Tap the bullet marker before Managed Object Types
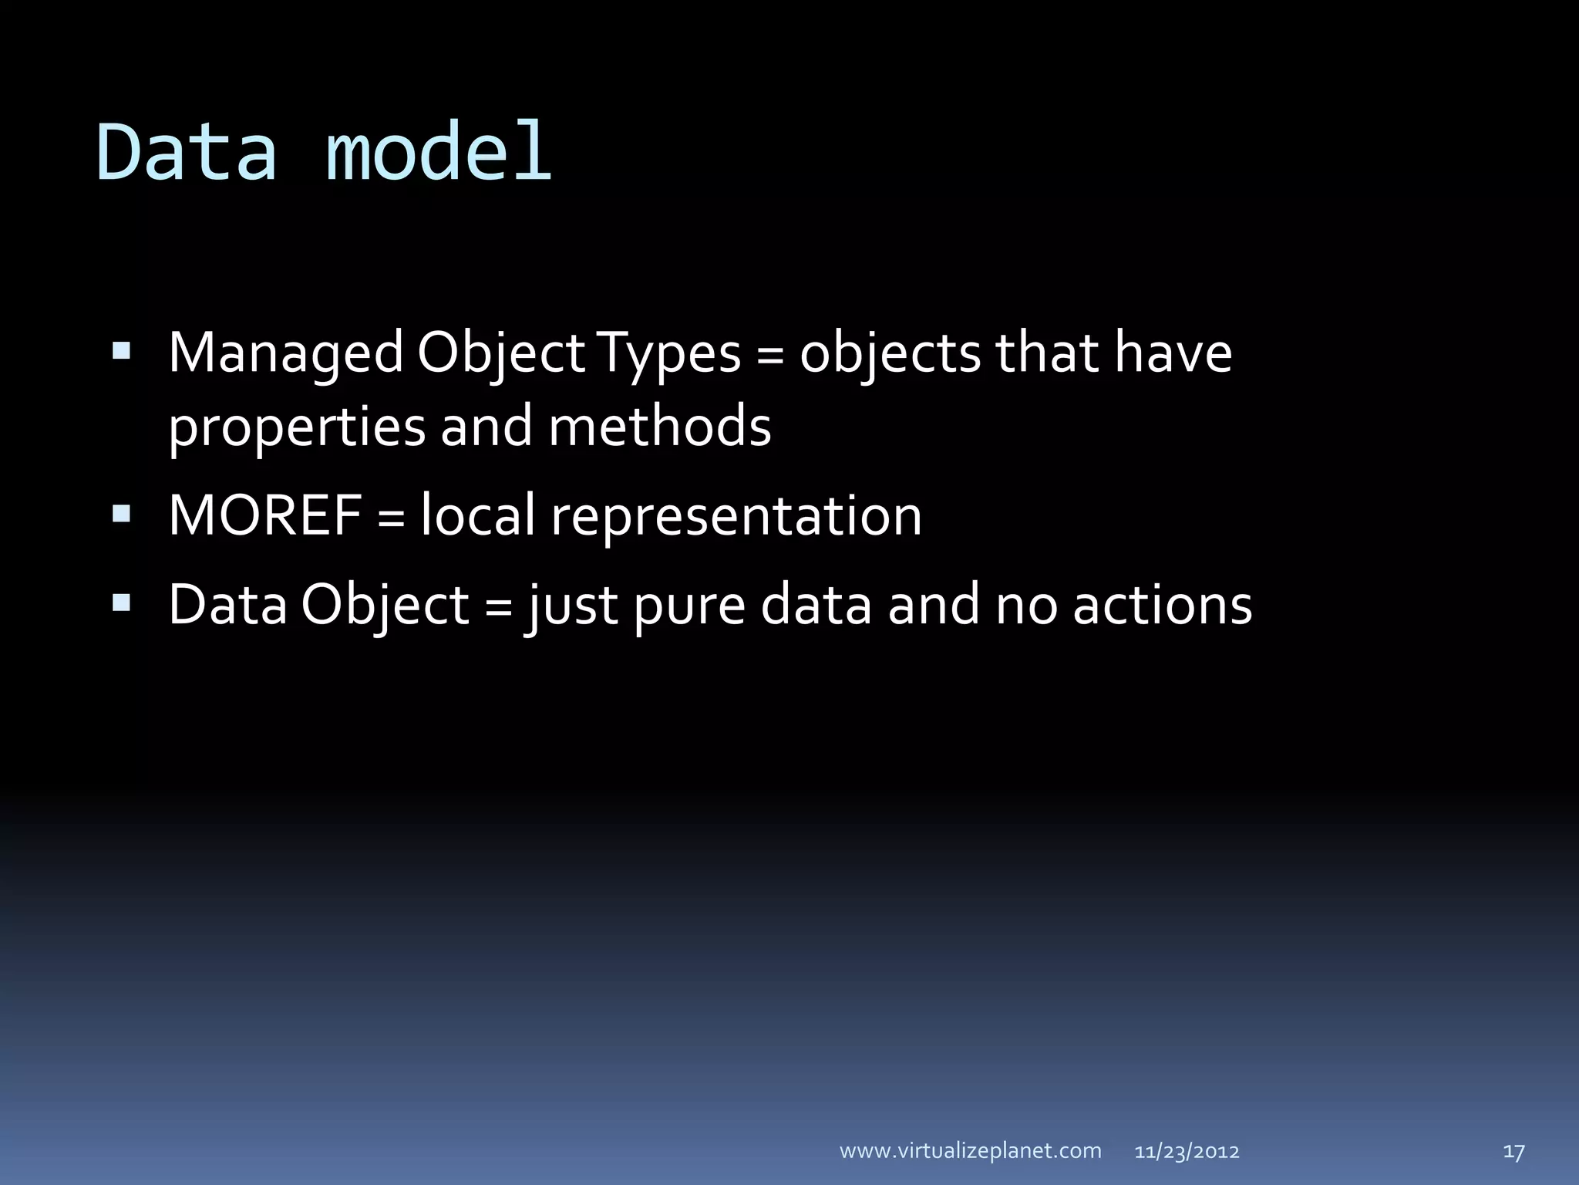(121, 353)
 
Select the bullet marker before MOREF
(121, 515)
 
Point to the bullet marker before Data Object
(121, 603)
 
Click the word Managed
(285, 354)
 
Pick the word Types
(669, 354)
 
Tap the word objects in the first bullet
(890, 354)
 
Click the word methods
(660, 427)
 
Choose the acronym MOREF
(264, 515)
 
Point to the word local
(478, 515)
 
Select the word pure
(690, 606)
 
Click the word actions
(1163, 604)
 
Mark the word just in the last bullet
(571, 606)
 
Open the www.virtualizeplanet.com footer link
(970, 1151)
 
